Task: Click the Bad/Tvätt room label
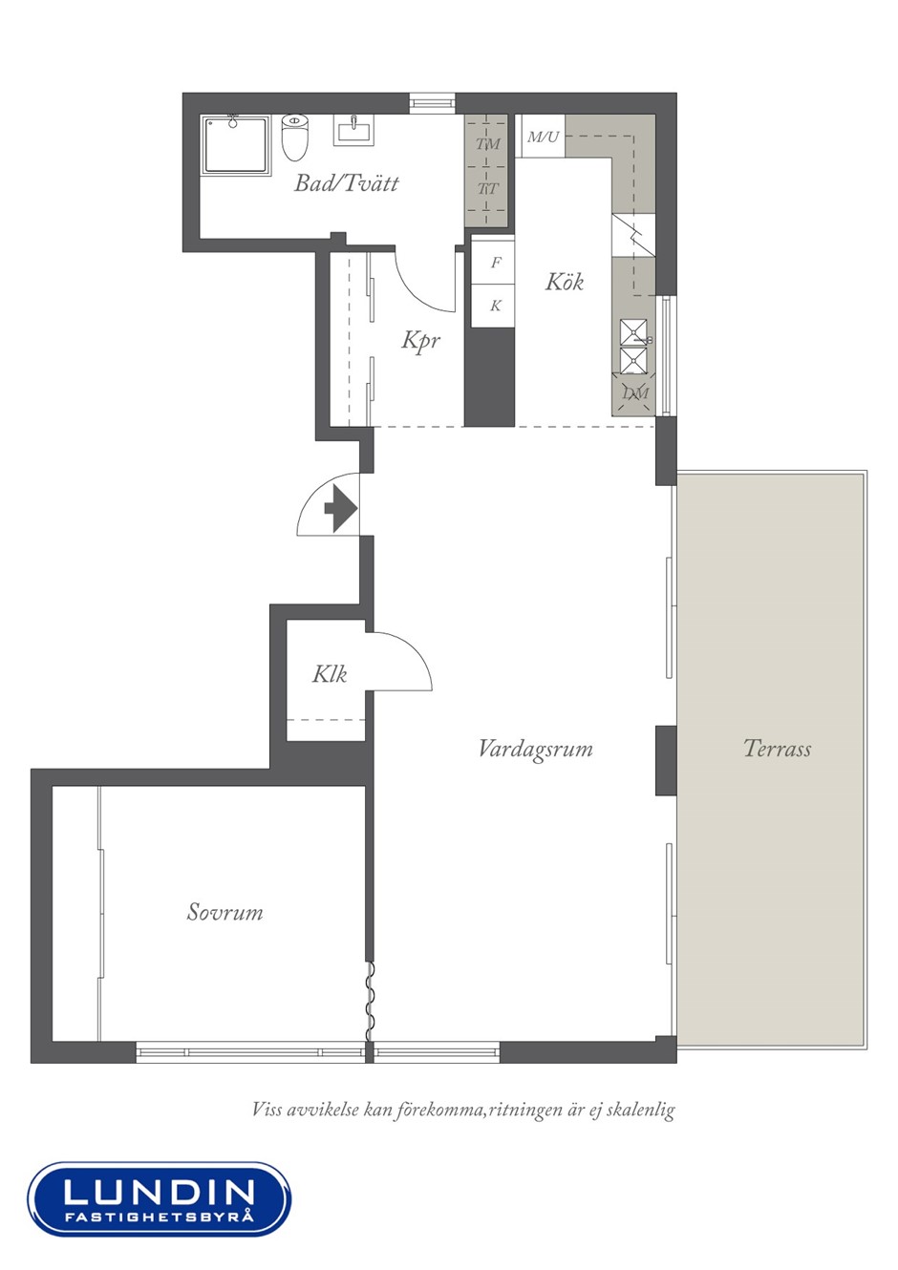(346, 183)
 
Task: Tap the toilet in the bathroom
(295, 137)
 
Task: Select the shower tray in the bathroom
(235, 144)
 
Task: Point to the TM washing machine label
(488, 144)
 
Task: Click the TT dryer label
(488, 188)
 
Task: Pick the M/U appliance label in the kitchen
(543, 137)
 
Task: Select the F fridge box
(494, 263)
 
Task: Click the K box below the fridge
(494, 306)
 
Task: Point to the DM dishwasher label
(634, 392)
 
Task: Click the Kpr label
(420, 341)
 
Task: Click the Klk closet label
(330, 674)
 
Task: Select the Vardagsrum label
(536, 749)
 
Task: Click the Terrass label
(778, 749)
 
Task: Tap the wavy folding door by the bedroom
(370, 1002)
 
